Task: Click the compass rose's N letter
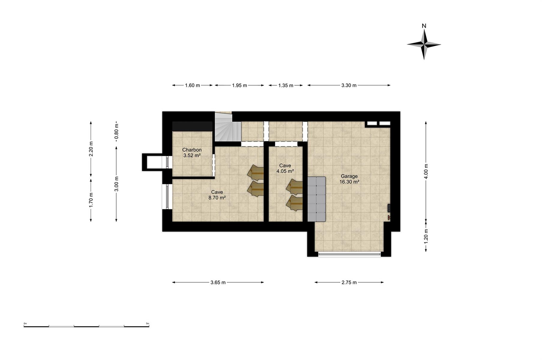point(424,26)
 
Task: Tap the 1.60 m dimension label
point(192,85)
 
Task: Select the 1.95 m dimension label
point(239,85)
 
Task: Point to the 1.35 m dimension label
point(286,85)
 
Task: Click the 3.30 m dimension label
point(349,85)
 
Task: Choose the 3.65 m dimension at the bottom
point(218,282)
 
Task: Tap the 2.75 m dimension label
point(349,282)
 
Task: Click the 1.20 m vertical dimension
point(426,236)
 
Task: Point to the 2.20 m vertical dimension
point(91,149)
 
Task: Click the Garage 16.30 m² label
point(349,179)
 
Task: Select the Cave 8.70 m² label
point(217,195)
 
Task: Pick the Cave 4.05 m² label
point(285,169)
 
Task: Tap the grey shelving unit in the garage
point(317,199)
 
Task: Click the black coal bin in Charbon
point(192,126)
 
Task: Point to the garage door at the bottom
point(349,254)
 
